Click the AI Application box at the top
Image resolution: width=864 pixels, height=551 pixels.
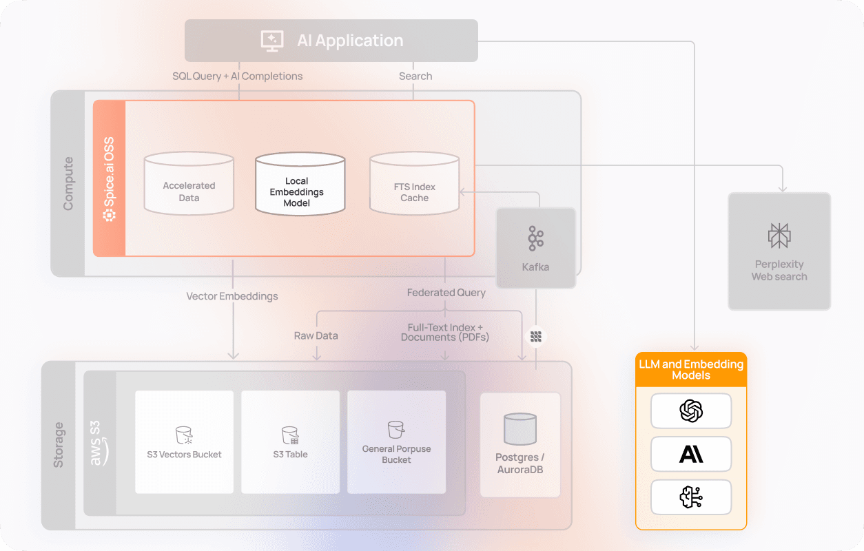[x=331, y=41]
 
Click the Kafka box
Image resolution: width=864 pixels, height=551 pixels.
[x=535, y=248]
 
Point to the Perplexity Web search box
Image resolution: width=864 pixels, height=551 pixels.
[x=779, y=251]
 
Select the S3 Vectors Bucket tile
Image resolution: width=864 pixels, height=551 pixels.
[x=184, y=442]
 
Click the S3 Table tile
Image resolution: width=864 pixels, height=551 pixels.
[x=290, y=442]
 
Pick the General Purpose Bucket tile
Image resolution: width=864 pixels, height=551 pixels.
[x=396, y=442]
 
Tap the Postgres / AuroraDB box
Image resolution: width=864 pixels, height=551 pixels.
[x=520, y=445]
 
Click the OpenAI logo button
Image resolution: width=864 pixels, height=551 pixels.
[x=691, y=411]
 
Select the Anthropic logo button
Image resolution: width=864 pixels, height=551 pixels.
[x=691, y=454]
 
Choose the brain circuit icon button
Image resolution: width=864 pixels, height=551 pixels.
[x=691, y=497]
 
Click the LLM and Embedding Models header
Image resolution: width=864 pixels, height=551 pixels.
[x=691, y=370]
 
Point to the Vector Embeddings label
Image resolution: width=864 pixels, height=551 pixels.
[x=232, y=296]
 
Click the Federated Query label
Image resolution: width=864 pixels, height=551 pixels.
[x=446, y=293]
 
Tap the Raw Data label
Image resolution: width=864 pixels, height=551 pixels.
[x=316, y=336]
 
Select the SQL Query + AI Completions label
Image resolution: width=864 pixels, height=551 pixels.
[x=237, y=76]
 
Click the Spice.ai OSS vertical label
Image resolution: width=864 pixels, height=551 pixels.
[x=109, y=178]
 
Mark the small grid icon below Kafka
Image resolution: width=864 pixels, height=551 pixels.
[x=536, y=337]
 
